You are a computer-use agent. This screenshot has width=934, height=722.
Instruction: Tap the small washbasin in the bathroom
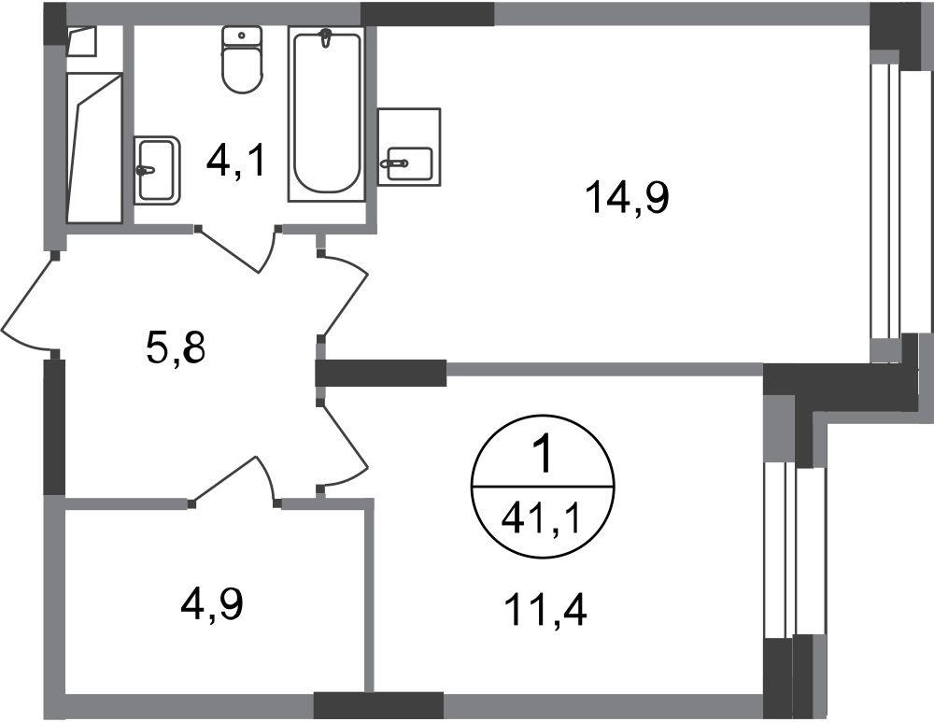(x=158, y=171)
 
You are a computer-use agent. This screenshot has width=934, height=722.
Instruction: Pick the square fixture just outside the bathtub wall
(x=411, y=146)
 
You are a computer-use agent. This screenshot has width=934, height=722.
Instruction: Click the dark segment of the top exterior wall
(x=427, y=14)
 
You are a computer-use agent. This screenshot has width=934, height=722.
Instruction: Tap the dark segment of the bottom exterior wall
(x=378, y=704)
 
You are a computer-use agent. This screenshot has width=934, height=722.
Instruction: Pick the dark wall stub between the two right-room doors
(x=383, y=374)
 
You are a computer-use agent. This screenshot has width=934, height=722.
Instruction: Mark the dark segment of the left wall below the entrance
(x=53, y=420)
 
